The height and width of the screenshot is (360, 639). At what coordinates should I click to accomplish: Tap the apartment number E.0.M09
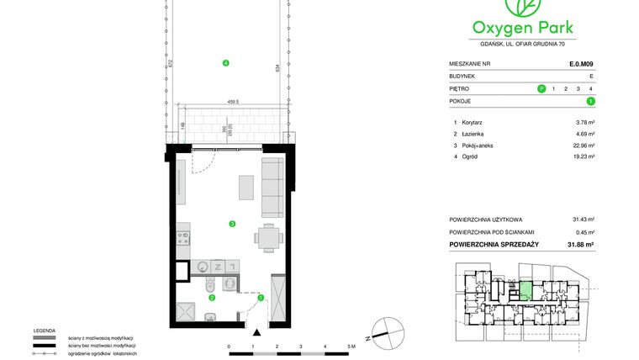click(581, 63)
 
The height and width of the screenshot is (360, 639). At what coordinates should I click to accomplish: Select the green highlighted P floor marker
click(541, 88)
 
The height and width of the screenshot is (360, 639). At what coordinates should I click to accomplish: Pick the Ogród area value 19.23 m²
click(584, 156)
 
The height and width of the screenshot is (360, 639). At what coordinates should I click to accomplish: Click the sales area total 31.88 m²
click(580, 245)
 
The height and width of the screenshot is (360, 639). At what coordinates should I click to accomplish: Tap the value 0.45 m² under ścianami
click(584, 231)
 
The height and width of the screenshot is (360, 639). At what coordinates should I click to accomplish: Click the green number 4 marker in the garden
click(225, 64)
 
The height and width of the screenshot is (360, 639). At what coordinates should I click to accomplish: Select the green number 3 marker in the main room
click(231, 223)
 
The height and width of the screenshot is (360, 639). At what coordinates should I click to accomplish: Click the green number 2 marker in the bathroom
click(212, 297)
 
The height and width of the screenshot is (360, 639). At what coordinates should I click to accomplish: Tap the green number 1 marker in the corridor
click(261, 297)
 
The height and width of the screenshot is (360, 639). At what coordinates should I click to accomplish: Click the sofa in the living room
click(272, 185)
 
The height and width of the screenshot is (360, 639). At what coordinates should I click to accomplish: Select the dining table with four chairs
click(268, 237)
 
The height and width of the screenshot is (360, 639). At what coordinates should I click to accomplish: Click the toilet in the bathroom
click(209, 286)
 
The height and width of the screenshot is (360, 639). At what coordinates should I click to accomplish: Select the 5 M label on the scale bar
click(351, 346)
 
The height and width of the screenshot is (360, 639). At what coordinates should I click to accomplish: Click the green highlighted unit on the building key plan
click(524, 291)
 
